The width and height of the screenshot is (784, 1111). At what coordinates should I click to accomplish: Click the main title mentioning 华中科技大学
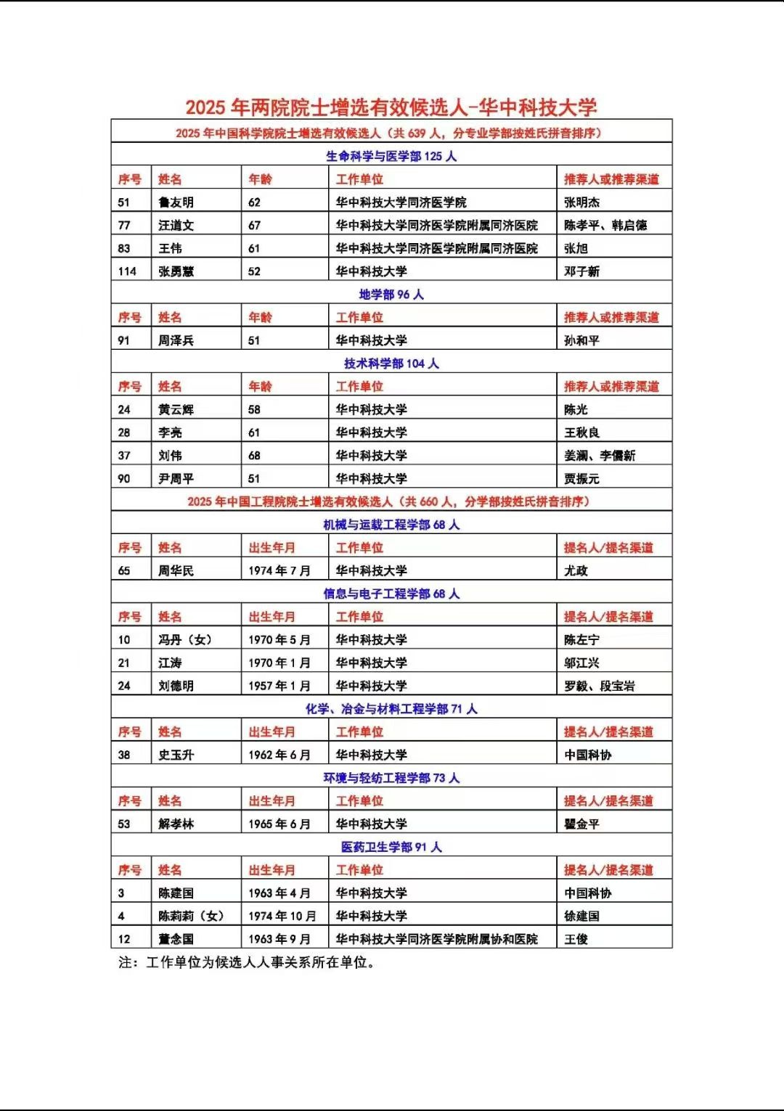click(x=391, y=107)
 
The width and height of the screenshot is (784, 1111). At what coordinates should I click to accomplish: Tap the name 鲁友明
click(x=176, y=202)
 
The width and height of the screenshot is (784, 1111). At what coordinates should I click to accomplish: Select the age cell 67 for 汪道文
click(x=254, y=226)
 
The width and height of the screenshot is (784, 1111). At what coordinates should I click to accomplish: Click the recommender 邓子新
click(x=581, y=271)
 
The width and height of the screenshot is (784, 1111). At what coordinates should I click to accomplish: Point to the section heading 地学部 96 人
click(x=391, y=295)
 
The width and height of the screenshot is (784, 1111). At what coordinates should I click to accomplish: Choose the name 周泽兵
click(x=176, y=340)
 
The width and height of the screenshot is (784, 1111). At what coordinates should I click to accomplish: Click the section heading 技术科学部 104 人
click(x=391, y=364)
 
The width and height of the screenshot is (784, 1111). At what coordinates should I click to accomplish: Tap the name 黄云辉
click(x=176, y=409)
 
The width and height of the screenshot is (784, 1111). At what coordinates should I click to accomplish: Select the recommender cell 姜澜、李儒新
click(x=600, y=456)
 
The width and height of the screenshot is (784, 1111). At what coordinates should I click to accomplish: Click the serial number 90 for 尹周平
click(x=124, y=479)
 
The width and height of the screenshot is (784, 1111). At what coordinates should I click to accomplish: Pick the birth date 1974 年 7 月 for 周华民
click(x=279, y=571)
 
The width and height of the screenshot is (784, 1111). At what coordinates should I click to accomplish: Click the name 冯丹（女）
click(x=186, y=640)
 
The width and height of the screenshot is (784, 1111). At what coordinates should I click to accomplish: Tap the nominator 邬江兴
click(x=581, y=663)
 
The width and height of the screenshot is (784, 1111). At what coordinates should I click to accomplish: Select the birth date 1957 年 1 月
click(x=279, y=686)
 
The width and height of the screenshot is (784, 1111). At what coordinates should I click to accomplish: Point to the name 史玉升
click(x=176, y=755)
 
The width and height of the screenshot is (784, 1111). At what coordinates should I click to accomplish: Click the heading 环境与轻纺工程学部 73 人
click(x=391, y=778)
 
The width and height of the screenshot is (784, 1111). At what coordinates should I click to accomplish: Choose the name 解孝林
click(x=176, y=824)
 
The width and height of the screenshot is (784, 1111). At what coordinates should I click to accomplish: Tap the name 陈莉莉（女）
click(x=192, y=917)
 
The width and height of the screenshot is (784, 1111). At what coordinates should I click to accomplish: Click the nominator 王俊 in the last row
click(x=576, y=940)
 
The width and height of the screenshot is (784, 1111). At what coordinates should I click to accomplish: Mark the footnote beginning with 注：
click(x=247, y=963)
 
